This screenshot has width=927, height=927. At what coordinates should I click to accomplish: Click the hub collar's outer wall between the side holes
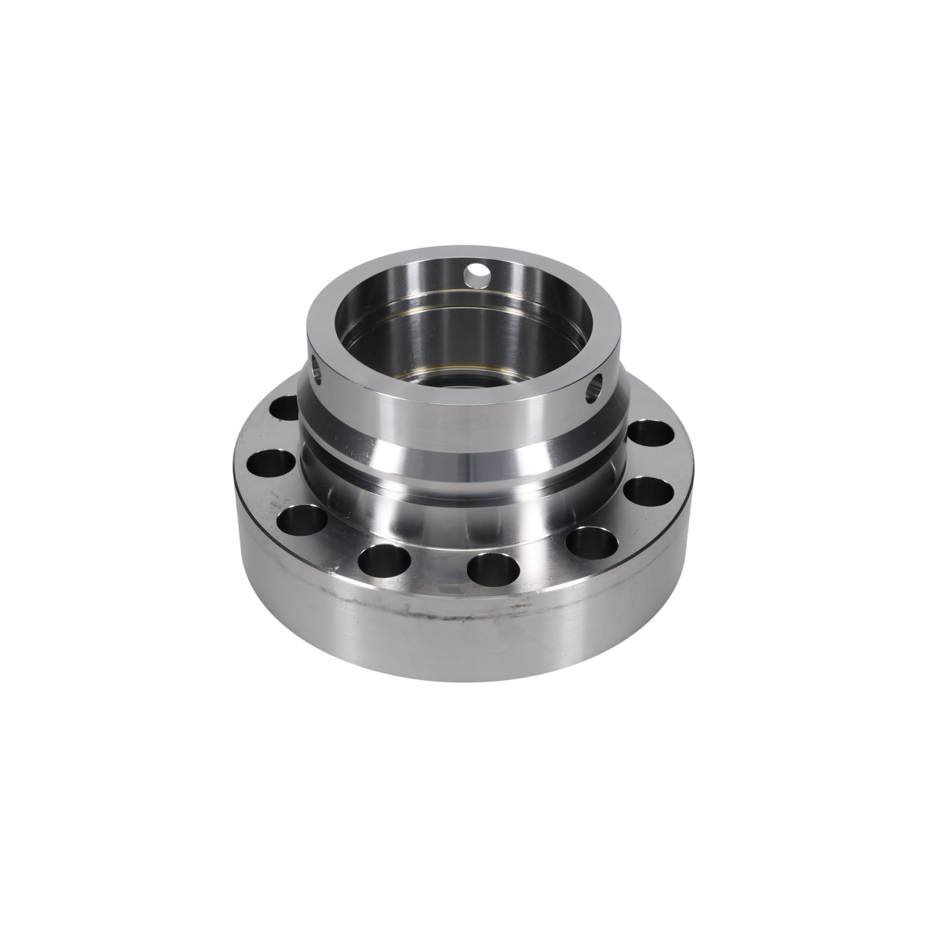point(456,413)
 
